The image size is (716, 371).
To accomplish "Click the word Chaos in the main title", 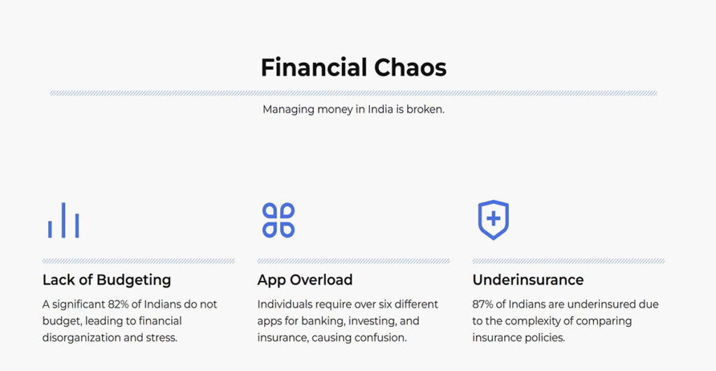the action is (x=410, y=68).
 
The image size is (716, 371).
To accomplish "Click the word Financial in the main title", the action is (x=314, y=68).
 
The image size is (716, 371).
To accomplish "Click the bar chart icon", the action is (x=64, y=220).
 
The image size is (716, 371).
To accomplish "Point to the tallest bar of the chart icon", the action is (x=64, y=220).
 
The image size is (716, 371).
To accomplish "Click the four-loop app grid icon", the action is (x=278, y=220).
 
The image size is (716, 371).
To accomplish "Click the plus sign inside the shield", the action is (x=493, y=219).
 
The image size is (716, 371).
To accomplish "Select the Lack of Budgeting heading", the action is (x=107, y=279).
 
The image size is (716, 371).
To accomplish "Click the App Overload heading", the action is (x=305, y=279).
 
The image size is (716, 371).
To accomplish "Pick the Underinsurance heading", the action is (x=528, y=279).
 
